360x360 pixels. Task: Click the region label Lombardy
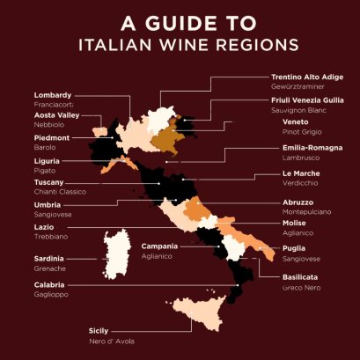click(x=53, y=95)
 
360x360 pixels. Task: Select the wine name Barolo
click(x=45, y=147)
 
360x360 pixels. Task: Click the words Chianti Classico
click(x=59, y=190)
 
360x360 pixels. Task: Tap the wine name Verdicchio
click(x=289, y=182)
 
